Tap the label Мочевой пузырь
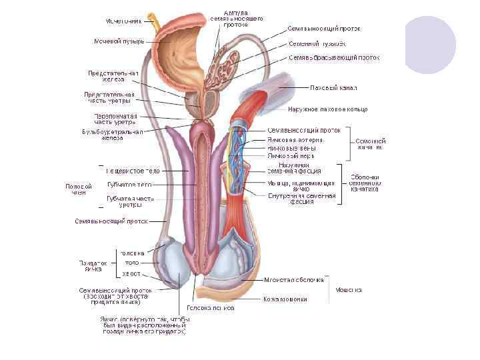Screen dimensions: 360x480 [119, 41]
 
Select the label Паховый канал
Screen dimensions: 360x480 [334, 87]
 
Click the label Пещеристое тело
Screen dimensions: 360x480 [133, 171]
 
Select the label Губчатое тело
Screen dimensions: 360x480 [131, 184]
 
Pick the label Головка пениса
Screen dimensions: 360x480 [210, 308]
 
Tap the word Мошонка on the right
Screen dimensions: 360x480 [349, 290]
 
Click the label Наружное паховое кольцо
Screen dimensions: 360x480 [319, 108]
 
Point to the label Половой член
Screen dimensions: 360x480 [75, 189]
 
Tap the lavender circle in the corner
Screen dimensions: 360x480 [430, 43]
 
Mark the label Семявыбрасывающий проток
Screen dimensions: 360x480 [334, 58]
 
